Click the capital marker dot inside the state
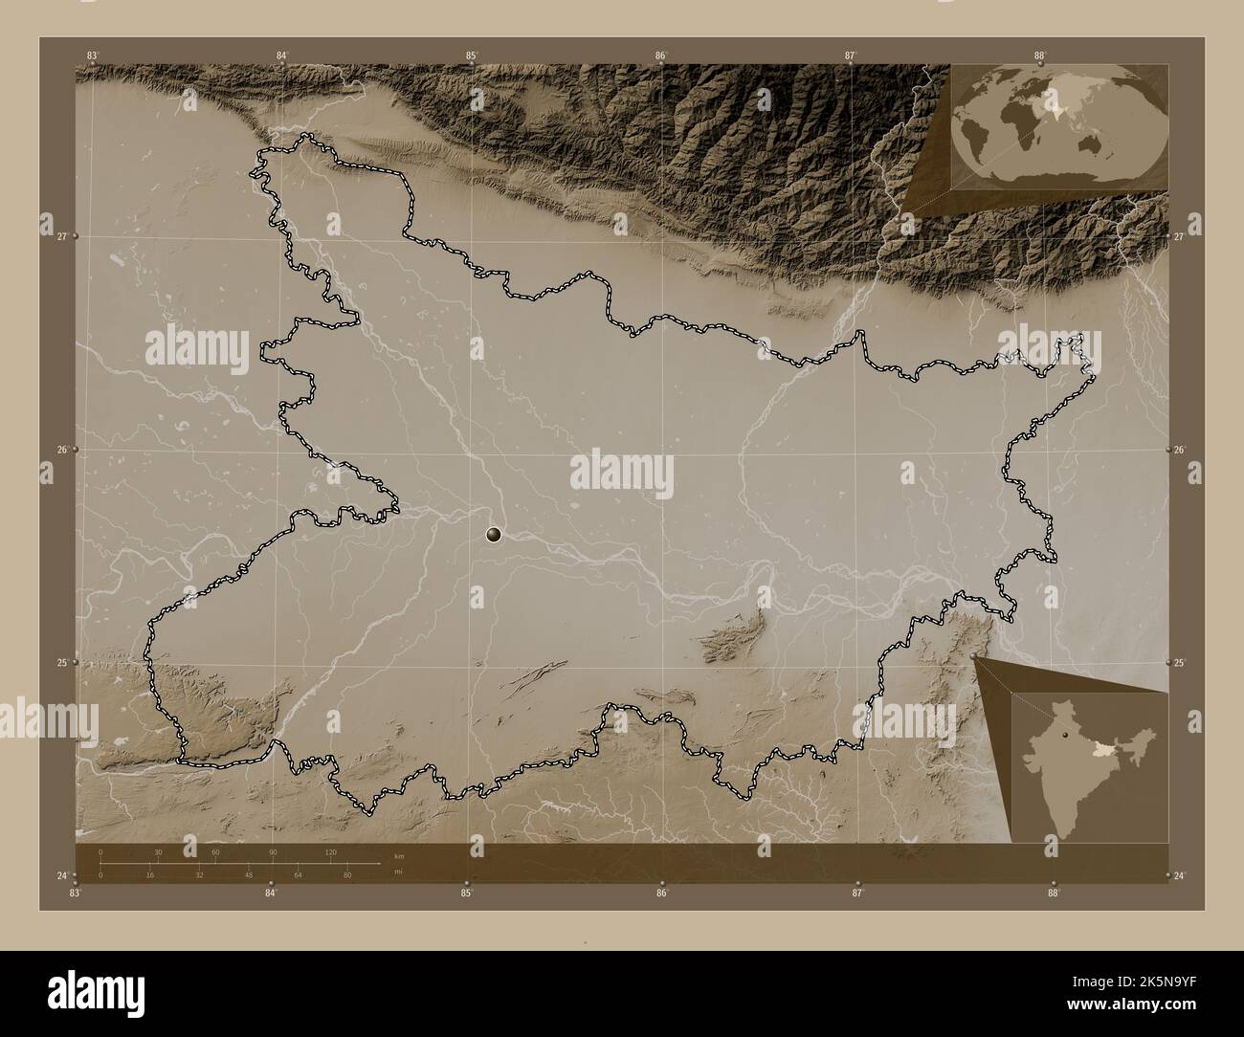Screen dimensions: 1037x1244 click(494, 534)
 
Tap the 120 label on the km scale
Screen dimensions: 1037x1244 click(331, 851)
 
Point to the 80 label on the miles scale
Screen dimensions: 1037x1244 click(347, 875)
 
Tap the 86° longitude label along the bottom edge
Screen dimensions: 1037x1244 click(661, 894)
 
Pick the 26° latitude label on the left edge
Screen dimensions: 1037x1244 click(62, 450)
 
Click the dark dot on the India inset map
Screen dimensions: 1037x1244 click(1063, 737)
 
